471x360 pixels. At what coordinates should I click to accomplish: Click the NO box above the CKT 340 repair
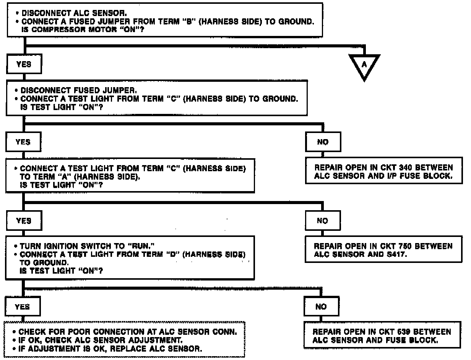[323, 142]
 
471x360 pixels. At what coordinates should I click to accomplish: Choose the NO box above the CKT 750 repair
[323, 221]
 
